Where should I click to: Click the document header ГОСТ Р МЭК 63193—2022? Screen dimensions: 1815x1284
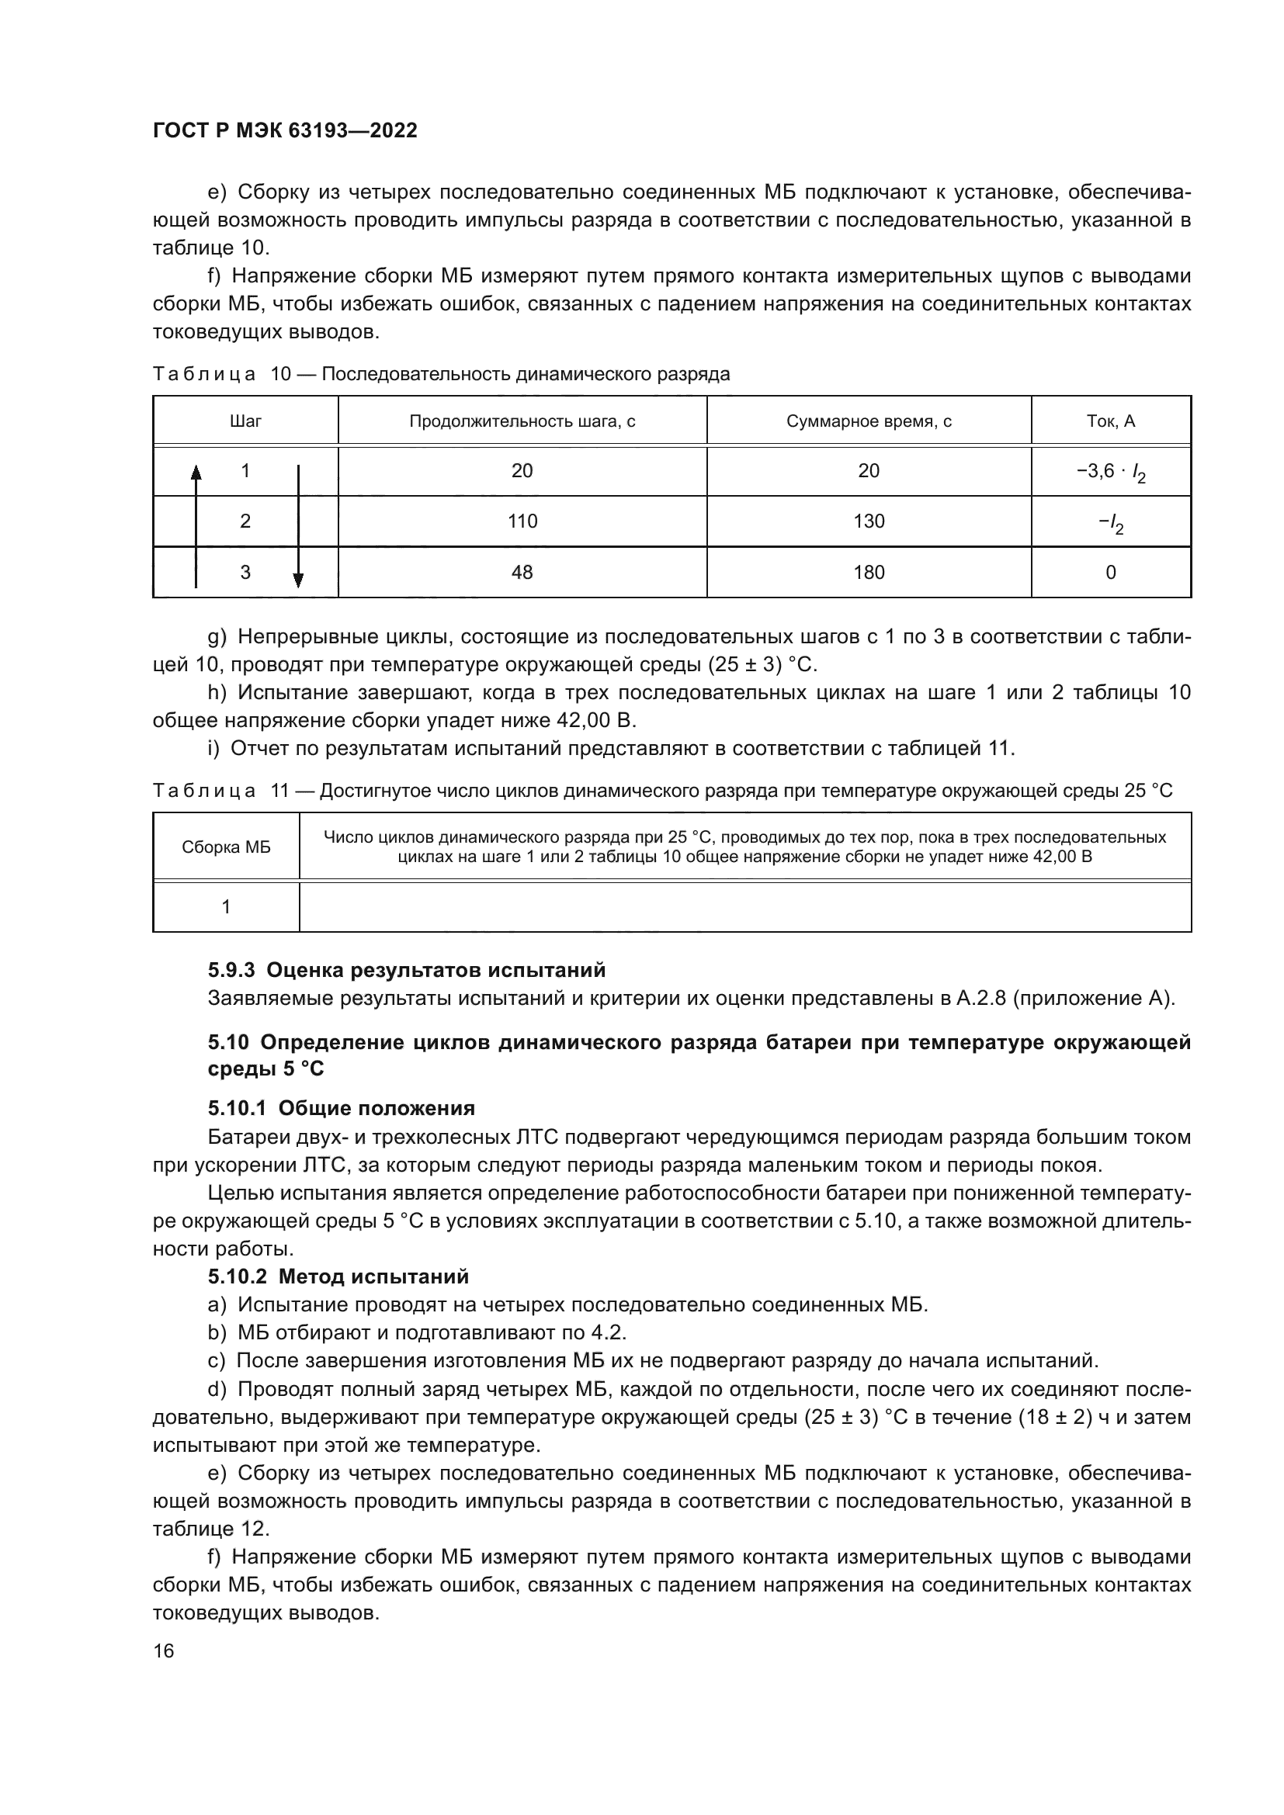click(285, 130)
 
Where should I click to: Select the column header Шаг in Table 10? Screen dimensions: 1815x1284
click(245, 421)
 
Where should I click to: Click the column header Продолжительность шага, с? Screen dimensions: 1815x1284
click(522, 421)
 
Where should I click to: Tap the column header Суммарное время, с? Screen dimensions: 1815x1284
click(868, 421)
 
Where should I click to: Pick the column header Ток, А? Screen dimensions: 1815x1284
click(1110, 421)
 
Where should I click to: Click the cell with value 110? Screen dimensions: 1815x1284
click(522, 521)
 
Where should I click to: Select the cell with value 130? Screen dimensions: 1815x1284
click(868, 521)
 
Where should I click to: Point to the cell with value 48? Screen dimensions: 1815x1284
click(522, 572)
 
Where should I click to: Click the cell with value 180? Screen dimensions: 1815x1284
click(868, 572)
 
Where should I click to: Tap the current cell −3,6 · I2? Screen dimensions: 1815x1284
click(1110, 472)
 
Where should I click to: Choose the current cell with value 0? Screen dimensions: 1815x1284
click(1110, 573)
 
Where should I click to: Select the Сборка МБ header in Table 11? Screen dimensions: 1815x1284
click(226, 847)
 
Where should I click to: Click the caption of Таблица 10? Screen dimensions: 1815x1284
click(440, 374)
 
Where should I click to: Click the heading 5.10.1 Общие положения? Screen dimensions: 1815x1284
click(341, 1107)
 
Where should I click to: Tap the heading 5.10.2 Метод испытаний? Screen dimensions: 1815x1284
click(338, 1276)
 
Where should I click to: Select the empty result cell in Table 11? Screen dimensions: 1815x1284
click(744, 906)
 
